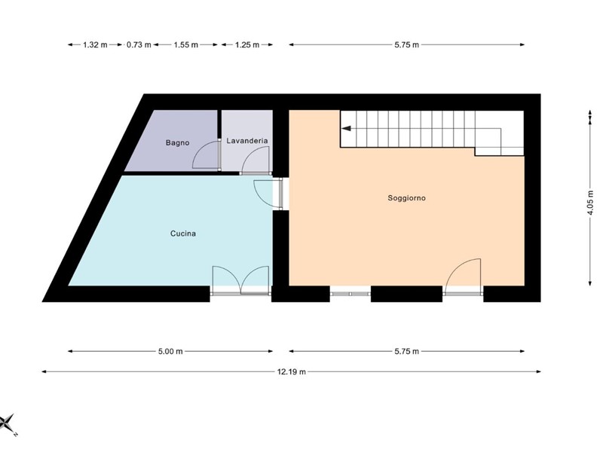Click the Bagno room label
pyautogui.click(x=177, y=142)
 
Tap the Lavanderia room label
pyautogui.click(x=247, y=141)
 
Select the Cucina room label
pyautogui.click(x=183, y=234)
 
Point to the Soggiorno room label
pyautogui.click(x=406, y=198)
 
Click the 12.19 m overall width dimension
pyautogui.click(x=292, y=371)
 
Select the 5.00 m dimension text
pyautogui.click(x=170, y=351)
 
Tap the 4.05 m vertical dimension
pyautogui.click(x=590, y=203)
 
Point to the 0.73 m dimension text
pyautogui.click(x=139, y=45)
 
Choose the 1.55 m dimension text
pyautogui.click(x=185, y=45)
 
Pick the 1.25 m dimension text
pyautogui.click(x=247, y=45)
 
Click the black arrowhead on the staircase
pyautogui.click(x=347, y=128)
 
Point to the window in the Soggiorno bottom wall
pyautogui.click(x=350, y=294)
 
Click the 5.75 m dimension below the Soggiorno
pyautogui.click(x=406, y=351)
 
